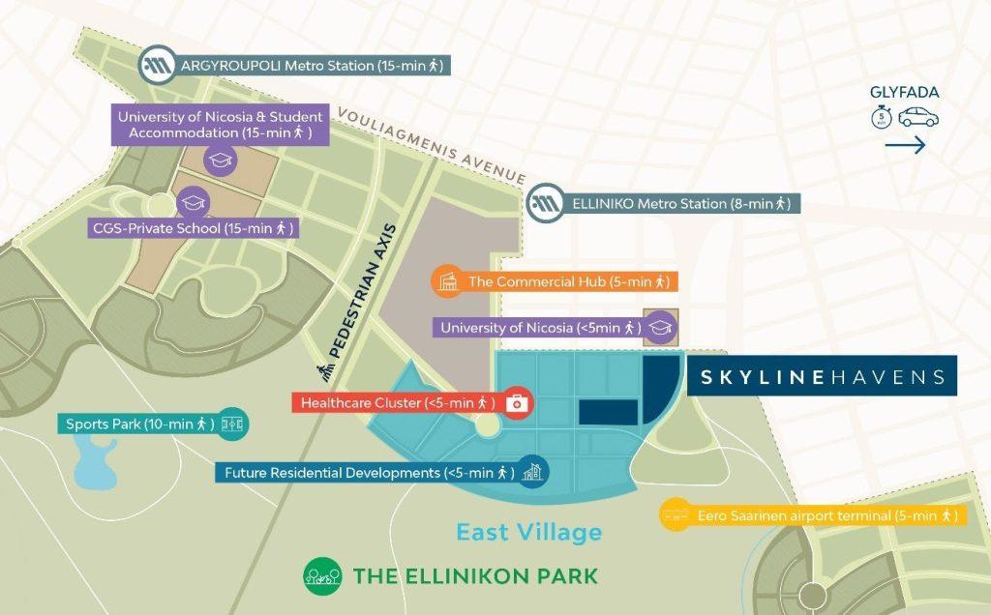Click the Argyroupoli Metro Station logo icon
coord(156,65)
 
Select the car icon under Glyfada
coord(917,118)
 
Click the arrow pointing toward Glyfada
coord(905,146)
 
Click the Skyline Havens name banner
coord(822,376)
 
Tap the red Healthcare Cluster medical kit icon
coord(518,403)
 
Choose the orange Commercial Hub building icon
coord(446,281)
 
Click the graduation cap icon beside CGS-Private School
coord(195,201)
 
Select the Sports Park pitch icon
coord(233,424)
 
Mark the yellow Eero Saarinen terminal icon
coord(675,515)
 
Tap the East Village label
coord(528,532)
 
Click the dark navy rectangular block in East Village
coord(608,412)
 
